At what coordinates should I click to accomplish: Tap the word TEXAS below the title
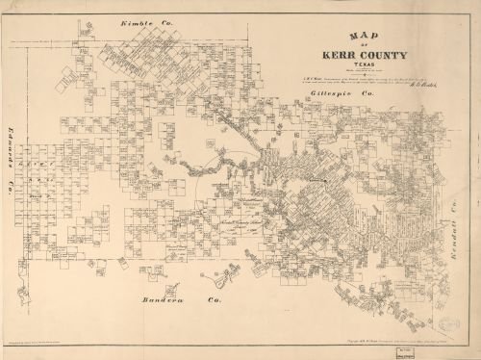tap(350, 67)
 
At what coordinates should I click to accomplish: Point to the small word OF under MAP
tap(350, 48)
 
